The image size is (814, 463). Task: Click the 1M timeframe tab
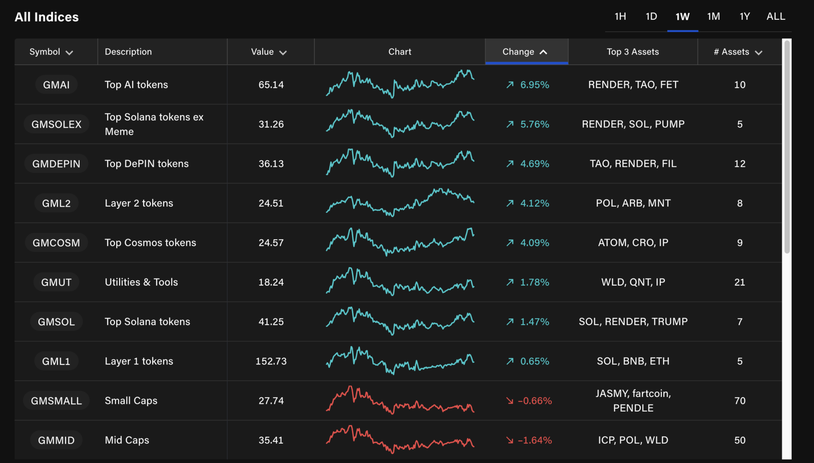[x=713, y=17]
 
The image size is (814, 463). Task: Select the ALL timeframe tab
[x=775, y=17]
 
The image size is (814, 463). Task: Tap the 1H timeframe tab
[x=620, y=17]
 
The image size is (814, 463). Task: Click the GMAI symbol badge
[x=56, y=85]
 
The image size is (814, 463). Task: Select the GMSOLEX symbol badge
[x=56, y=124]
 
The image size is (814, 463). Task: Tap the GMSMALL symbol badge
[x=56, y=401]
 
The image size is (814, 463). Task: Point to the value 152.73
[x=271, y=361]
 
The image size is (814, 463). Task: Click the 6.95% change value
[x=535, y=85]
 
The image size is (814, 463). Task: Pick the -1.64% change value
[x=535, y=440]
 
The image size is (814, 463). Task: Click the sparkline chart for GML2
[x=399, y=202]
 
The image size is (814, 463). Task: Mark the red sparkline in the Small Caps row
[x=399, y=401]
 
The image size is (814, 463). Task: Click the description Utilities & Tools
[x=141, y=282]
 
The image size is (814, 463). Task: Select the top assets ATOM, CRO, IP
[x=633, y=243]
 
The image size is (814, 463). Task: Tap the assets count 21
[x=739, y=282]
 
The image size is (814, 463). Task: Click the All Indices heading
[x=47, y=17]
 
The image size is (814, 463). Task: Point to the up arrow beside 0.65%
[x=510, y=361]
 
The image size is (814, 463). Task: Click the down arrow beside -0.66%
[x=510, y=401]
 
